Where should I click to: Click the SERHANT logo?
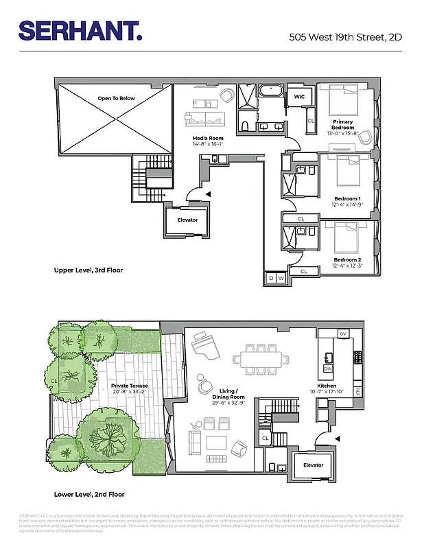81,31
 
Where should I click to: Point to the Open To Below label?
116,98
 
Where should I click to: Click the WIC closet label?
299,97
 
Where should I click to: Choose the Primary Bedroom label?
343,125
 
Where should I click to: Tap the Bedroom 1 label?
347,198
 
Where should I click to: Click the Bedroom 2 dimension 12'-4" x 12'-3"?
347,266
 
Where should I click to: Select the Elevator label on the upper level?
187,220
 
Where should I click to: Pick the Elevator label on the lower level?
313,465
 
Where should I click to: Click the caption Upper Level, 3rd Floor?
89,270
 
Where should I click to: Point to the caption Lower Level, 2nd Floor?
89,494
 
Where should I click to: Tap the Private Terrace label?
130,386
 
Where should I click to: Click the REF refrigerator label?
357,392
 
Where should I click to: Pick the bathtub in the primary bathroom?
270,91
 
